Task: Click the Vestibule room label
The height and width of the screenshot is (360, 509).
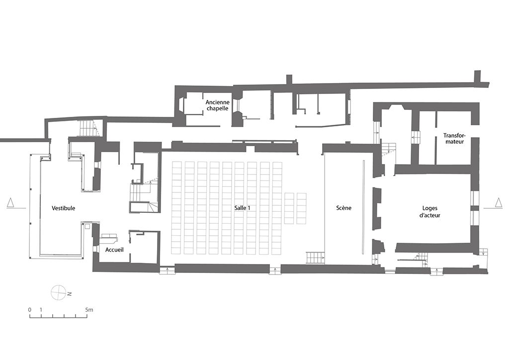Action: (x=63, y=208)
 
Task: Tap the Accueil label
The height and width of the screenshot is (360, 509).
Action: (x=114, y=250)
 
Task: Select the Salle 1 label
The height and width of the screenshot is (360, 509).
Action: (x=242, y=208)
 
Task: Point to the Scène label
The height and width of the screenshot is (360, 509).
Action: (x=344, y=208)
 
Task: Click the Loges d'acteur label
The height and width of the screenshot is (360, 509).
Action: (x=430, y=212)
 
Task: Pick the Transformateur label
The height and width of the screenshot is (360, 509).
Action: (x=454, y=139)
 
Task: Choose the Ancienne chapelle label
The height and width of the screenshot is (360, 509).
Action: (x=218, y=105)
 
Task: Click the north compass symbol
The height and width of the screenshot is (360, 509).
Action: (x=59, y=292)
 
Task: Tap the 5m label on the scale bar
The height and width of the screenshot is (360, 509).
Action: (x=89, y=310)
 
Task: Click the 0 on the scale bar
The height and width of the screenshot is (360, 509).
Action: (x=30, y=310)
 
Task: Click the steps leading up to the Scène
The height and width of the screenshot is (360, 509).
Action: (x=315, y=258)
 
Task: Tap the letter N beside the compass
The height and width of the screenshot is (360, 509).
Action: (x=70, y=294)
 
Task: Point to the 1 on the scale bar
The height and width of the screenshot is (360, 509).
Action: (x=41, y=310)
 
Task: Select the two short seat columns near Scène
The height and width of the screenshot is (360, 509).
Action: (x=295, y=208)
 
